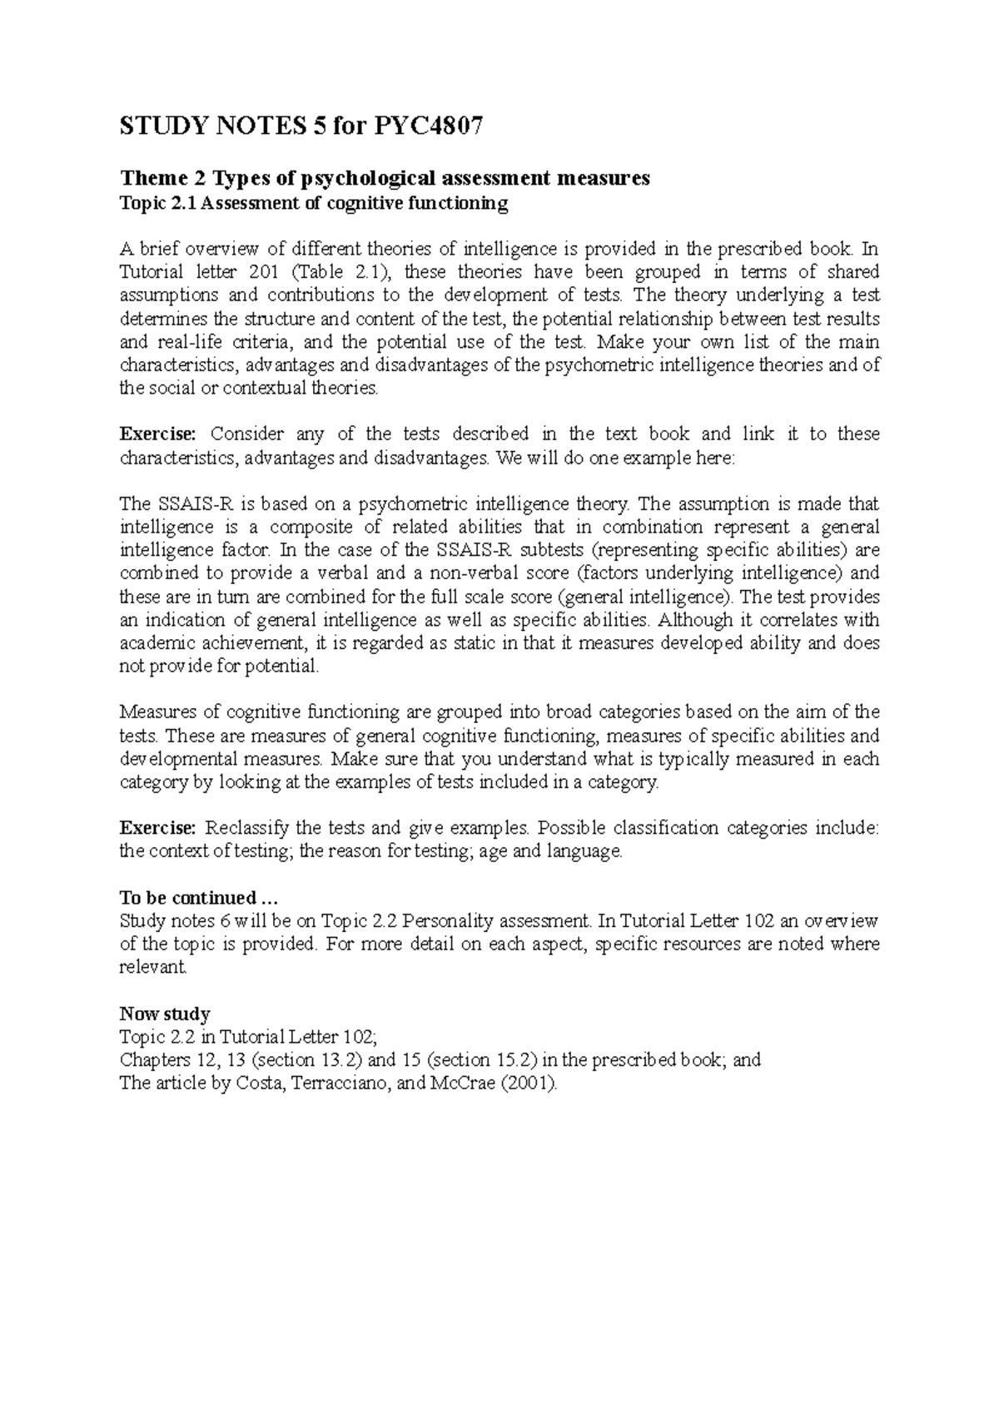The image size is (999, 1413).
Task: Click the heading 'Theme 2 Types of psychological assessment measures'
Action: [385, 178]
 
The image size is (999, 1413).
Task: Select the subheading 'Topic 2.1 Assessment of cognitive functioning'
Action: [314, 203]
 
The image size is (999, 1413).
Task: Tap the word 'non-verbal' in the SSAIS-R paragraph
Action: [505, 573]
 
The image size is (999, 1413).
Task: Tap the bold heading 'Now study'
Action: [165, 1014]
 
